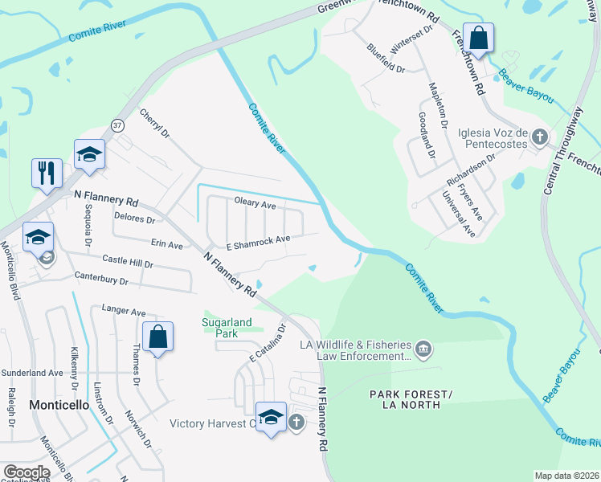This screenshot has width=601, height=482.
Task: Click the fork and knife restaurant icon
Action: tap(47, 173)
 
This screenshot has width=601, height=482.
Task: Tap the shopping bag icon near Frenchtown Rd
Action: tap(478, 39)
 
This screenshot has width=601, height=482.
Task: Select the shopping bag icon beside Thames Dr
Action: tap(158, 337)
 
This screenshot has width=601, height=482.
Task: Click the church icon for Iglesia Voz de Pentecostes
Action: tap(540, 137)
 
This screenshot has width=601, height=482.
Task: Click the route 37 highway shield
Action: tap(118, 125)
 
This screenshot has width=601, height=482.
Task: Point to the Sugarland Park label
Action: tap(227, 328)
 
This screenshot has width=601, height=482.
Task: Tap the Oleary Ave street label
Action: tap(255, 204)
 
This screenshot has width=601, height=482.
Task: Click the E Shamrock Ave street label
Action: tap(257, 239)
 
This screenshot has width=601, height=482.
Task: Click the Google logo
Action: tap(26, 472)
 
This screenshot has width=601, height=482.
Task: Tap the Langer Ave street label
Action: tap(124, 310)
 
